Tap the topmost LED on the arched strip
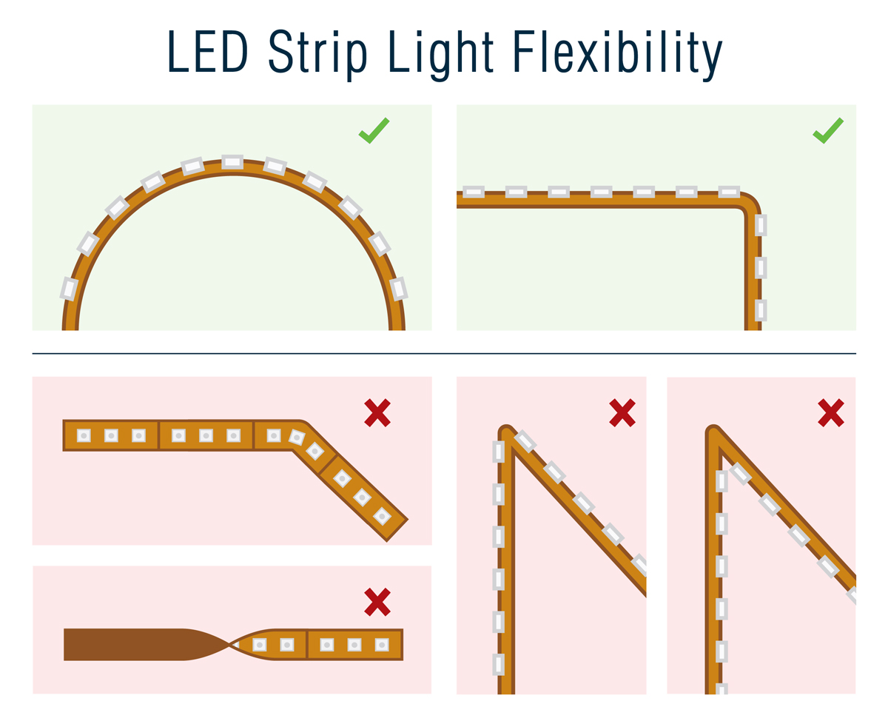tap(232, 161)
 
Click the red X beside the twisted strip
tap(377, 602)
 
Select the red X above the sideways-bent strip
tap(377, 412)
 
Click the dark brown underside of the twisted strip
tap(126, 644)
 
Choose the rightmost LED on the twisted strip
tap(382, 645)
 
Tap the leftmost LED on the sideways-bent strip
tap(84, 435)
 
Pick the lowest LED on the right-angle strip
tap(760, 309)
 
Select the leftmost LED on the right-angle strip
tap(473, 192)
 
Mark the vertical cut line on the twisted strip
tap(306, 644)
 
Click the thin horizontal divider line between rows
tap(444, 354)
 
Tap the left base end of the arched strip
tap(70, 326)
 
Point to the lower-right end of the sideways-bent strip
tap(397, 530)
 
